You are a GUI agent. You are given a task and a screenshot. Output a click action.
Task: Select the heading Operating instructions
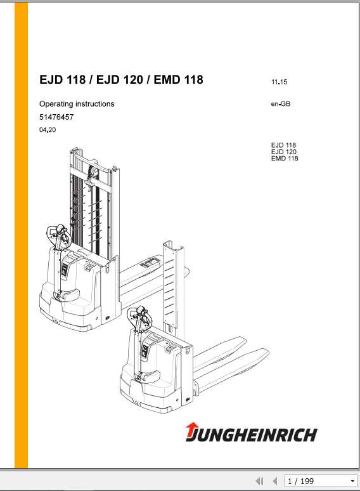(x=77, y=104)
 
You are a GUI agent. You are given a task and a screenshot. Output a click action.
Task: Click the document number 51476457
(x=56, y=117)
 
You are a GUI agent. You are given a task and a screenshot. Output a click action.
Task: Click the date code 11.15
(x=280, y=82)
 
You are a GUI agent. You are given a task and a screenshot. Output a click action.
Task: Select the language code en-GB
(x=281, y=105)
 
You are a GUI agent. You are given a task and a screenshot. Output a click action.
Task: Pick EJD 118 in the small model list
(x=283, y=145)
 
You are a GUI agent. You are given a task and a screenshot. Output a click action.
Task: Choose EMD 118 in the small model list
(x=284, y=159)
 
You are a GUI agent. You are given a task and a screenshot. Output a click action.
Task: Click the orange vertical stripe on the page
(x=21, y=235)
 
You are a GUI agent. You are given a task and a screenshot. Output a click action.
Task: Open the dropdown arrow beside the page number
(x=353, y=481)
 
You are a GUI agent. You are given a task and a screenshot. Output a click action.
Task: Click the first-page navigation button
(x=259, y=481)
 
